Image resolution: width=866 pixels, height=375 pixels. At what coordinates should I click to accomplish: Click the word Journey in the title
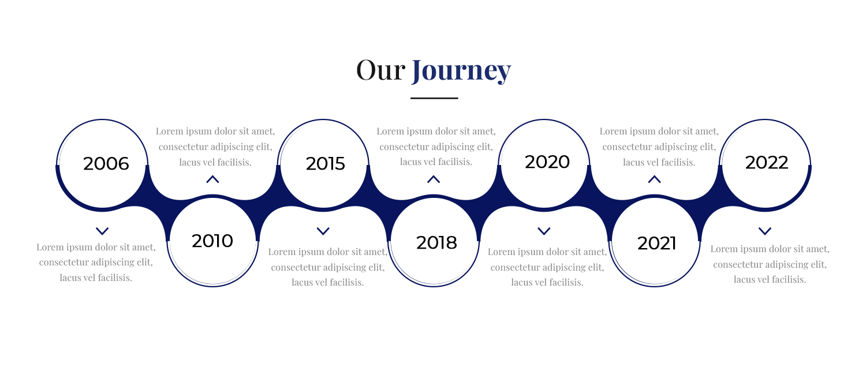coord(461,72)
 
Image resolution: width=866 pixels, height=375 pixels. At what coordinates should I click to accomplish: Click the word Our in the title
coord(381,70)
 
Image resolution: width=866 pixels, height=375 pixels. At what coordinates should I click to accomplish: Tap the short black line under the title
coord(434,98)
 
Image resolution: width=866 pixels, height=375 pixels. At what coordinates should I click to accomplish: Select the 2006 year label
coord(106,163)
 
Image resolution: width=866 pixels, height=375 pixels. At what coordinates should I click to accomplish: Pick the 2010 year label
coord(212,241)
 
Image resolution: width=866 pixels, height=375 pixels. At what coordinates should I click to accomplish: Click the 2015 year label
coord(325,163)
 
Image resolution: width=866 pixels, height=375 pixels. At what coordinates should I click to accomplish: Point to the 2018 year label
coord(436,242)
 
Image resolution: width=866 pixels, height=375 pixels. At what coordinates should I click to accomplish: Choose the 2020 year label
coord(547,162)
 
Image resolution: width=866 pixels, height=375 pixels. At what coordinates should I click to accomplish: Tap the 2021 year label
coord(656,243)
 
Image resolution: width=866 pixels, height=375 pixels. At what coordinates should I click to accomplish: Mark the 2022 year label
coord(767,163)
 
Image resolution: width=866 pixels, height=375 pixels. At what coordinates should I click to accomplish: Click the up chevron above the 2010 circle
coord(212,179)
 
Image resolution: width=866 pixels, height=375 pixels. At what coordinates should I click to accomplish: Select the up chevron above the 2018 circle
coord(434,179)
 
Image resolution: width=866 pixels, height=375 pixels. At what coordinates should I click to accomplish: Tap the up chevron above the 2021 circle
coord(655,179)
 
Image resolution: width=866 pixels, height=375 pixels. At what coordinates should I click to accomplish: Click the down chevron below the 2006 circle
coord(102,231)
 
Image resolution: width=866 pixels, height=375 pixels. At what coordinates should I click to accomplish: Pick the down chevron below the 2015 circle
coord(323,231)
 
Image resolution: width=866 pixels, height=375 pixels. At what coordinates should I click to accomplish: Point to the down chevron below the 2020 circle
coord(544,231)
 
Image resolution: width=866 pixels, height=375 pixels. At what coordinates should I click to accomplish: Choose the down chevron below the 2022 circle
coord(765,231)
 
